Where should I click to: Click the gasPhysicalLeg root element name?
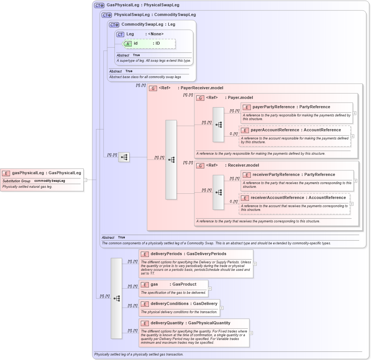point(47,173)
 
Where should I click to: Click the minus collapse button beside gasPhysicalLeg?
point(85,180)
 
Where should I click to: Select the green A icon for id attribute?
point(128,44)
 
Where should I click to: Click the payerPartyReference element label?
point(291,107)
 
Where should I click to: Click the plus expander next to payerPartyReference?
point(355,113)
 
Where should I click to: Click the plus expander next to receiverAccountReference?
point(352,204)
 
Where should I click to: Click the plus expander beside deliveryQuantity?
point(251,333)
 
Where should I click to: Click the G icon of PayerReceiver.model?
point(153,89)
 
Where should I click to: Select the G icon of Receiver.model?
point(200,165)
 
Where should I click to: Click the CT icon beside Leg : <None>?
point(120,34)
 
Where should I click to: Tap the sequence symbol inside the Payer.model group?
point(218,125)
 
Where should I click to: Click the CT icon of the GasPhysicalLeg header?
point(99,5)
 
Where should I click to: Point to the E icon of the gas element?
point(144,285)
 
